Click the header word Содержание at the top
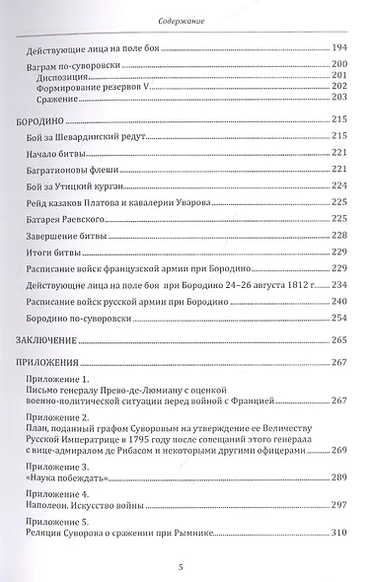[x=185, y=18]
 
